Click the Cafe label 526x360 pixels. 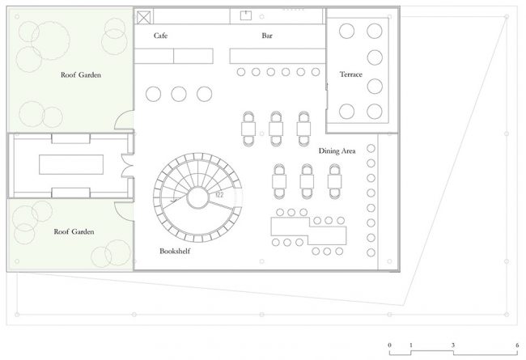pyautogui.click(x=160, y=36)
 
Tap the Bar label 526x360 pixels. pyautogui.click(x=267, y=36)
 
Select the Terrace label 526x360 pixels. pyautogui.click(x=351, y=74)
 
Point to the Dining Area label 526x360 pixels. pyautogui.click(x=337, y=151)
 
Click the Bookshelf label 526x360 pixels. pyautogui.click(x=175, y=251)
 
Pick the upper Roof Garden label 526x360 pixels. pyautogui.click(x=81, y=74)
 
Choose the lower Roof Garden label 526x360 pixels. pyautogui.click(x=74, y=231)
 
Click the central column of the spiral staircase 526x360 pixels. pyautogui.click(x=198, y=197)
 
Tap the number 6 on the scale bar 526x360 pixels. pyautogui.click(x=517, y=345)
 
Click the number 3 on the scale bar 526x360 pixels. pyautogui.click(x=453, y=345)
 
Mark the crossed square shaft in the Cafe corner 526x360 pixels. pyautogui.click(x=143, y=18)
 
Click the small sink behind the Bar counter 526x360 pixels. pyautogui.click(x=245, y=15)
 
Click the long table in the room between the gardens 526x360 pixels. pyautogui.click(x=71, y=164)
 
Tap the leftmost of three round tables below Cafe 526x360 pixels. pyautogui.click(x=153, y=94)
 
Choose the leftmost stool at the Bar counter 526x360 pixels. pyautogui.click(x=241, y=72)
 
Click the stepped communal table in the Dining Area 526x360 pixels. pyautogui.click(x=308, y=231)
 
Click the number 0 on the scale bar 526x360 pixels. pyautogui.click(x=389, y=345)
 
